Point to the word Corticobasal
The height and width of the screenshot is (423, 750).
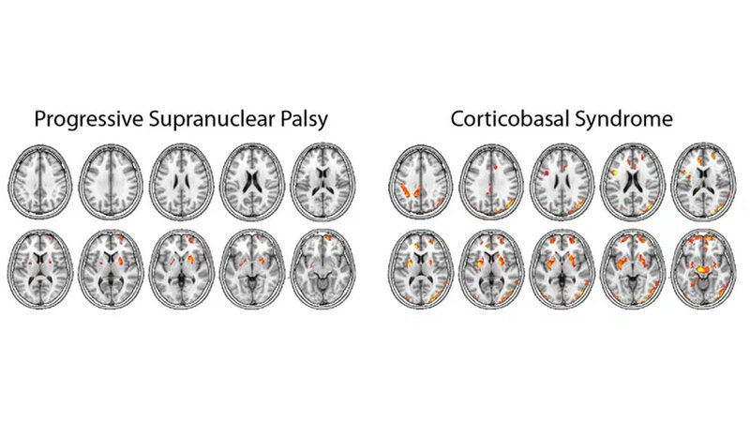tap(509, 119)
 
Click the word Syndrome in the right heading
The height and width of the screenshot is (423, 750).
tap(623, 119)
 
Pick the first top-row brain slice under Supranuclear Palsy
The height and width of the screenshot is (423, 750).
tap(40, 181)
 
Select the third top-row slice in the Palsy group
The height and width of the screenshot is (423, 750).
tap(182, 181)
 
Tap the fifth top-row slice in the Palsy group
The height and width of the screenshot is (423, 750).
tap(323, 181)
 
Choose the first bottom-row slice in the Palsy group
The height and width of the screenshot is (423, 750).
tap(40, 268)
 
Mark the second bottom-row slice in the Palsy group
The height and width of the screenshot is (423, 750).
tap(111, 268)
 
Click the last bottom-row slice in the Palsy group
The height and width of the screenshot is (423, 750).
tap(323, 268)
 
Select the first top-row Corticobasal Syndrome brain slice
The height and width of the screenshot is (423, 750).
tap(421, 181)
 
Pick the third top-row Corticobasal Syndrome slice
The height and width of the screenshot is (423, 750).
tap(562, 181)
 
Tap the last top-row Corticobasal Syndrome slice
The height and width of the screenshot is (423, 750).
tap(704, 181)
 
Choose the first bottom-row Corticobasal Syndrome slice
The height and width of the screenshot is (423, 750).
tap(421, 268)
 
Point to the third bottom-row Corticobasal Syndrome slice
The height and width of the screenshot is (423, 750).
tap(562, 268)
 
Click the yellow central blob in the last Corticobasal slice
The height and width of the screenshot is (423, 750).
tap(702, 270)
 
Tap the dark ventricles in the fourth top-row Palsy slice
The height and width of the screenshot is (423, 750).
tap(252, 180)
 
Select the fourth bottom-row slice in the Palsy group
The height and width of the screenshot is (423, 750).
tap(252, 268)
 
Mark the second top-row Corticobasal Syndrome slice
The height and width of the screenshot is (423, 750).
tap(491, 181)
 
